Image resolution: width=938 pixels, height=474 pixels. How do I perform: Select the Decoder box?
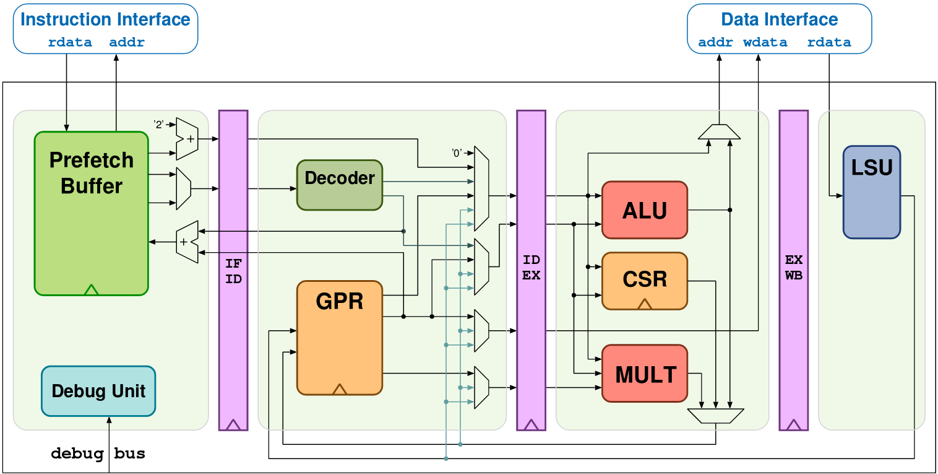pyautogui.click(x=340, y=185)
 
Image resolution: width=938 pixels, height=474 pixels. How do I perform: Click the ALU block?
pyautogui.click(x=645, y=210)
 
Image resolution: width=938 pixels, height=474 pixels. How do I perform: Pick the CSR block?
pyautogui.click(x=645, y=279)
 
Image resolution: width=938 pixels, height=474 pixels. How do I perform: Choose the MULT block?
pyautogui.click(x=645, y=374)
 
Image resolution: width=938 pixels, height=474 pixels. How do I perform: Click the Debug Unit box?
pyautogui.click(x=98, y=391)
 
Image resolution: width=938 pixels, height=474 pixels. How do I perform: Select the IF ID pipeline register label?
pyautogui.click(x=233, y=271)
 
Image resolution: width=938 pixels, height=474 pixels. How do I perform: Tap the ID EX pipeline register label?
pyautogui.click(x=531, y=268)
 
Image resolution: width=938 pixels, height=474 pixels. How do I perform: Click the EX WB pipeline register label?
pyautogui.click(x=794, y=268)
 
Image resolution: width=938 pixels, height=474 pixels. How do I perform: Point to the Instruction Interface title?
pyautogui.click(x=105, y=19)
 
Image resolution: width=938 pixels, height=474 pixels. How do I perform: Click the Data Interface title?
pyautogui.click(x=780, y=19)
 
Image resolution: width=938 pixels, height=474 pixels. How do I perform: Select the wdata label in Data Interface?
pyautogui.click(x=765, y=43)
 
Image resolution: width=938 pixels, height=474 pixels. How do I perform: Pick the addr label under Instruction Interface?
pyautogui.click(x=127, y=43)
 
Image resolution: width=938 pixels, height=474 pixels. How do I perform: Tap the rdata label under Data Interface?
pyautogui.click(x=829, y=43)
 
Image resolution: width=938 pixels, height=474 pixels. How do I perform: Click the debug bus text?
pyautogui.click(x=98, y=454)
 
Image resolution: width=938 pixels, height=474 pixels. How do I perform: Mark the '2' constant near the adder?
pyautogui.click(x=158, y=125)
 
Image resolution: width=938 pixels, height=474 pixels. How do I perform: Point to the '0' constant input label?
pyautogui.click(x=457, y=152)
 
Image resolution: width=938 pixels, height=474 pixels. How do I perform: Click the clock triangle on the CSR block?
pyautogui.click(x=645, y=304)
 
